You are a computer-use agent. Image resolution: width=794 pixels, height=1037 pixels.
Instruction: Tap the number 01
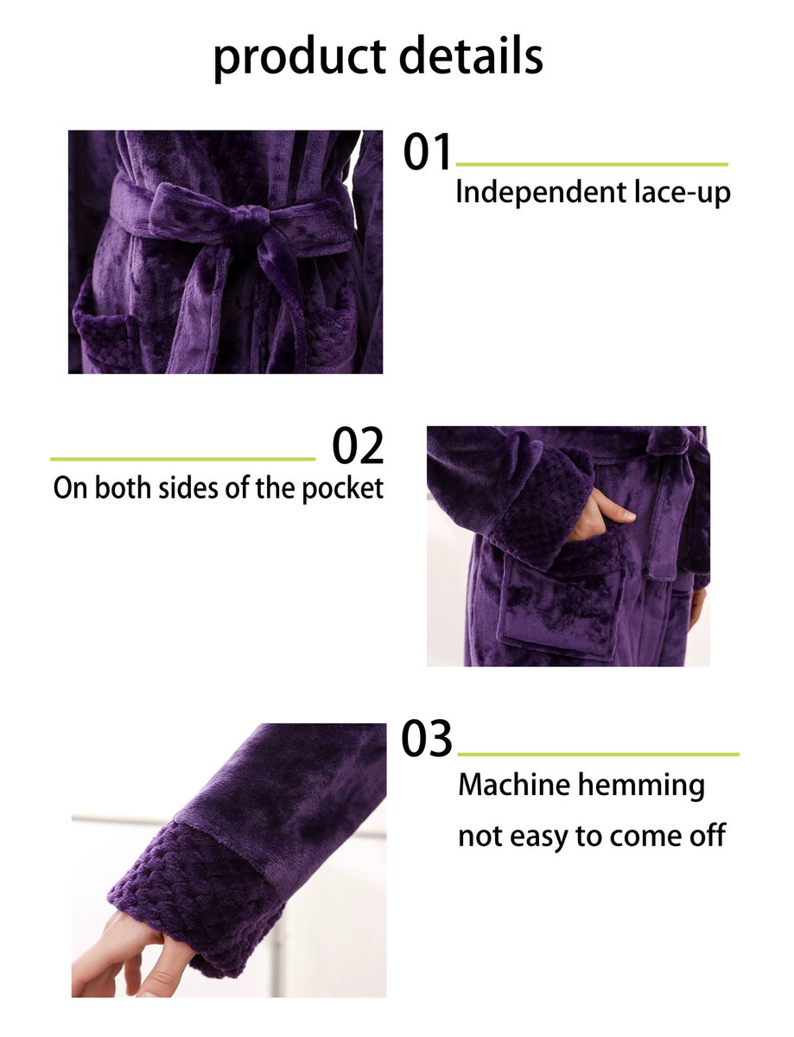426,152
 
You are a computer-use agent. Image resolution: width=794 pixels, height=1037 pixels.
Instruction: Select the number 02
357,445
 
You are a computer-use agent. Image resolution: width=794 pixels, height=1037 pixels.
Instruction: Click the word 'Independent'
541,193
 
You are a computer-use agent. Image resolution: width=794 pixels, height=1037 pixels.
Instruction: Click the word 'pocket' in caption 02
342,488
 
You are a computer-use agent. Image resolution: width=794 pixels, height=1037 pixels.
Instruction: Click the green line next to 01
591,164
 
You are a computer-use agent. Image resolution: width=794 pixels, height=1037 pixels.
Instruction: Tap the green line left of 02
182,459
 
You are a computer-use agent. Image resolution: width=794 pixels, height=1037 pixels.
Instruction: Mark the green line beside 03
598,754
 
